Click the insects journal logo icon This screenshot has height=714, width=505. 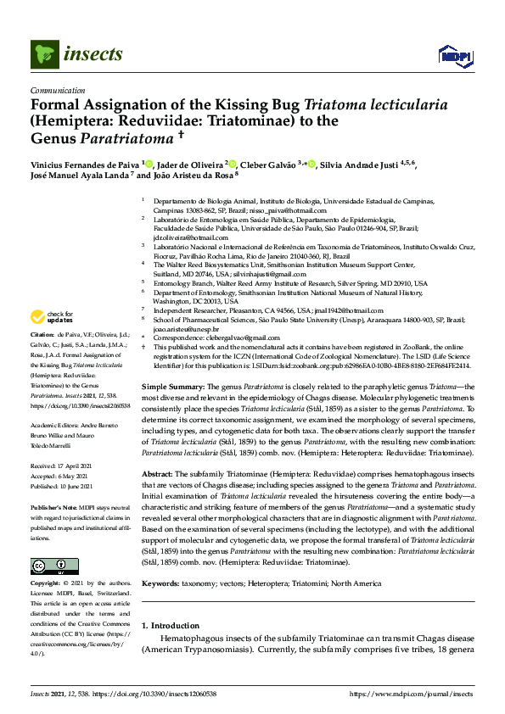coord(43,56)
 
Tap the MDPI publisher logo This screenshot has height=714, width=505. coord(454,56)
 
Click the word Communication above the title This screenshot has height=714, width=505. coord(58,89)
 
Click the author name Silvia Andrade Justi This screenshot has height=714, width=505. coord(363,164)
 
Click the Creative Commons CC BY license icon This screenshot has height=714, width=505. coord(48,566)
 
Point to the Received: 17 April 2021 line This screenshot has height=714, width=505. coord(65,466)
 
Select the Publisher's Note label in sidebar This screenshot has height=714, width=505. coord(55,506)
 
